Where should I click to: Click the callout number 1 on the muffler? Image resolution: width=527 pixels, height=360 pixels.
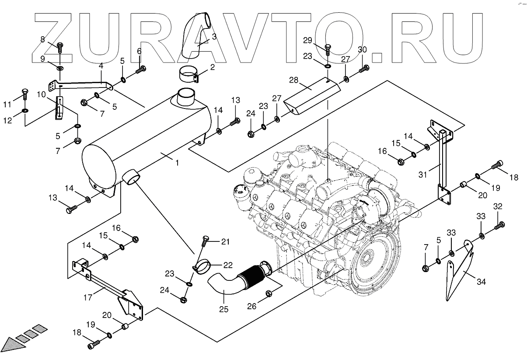177,163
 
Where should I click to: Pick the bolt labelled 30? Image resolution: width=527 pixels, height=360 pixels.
364,68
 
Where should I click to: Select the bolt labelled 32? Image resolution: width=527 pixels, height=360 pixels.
500,225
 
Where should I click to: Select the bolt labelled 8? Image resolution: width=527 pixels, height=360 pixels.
60,46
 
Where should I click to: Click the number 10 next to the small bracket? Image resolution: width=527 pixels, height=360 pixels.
41,94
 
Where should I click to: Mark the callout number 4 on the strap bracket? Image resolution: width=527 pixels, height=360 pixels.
101,66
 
